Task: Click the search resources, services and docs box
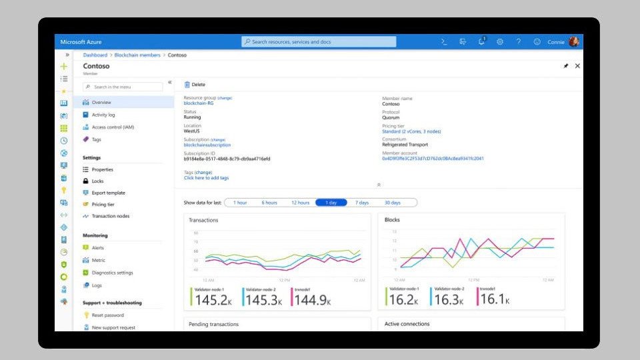click(x=319, y=41)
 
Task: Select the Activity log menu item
click(x=103, y=115)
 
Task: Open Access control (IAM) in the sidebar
click(x=113, y=127)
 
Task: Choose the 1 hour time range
click(x=240, y=203)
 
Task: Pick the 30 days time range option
click(x=392, y=203)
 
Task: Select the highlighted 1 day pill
click(x=331, y=203)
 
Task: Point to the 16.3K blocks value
click(x=448, y=301)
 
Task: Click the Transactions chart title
click(x=203, y=220)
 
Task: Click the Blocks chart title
click(x=392, y=219)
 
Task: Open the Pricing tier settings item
click(x=103, y=205)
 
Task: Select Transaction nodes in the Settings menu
click(x=111, y=216)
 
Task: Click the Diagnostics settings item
click(x=112, y=273)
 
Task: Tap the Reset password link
click(x=107, y=315)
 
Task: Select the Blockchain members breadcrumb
click(x=137, y=55)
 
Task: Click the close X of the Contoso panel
click(x=577, y=66)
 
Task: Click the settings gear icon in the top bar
click(x=500, y=41)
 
